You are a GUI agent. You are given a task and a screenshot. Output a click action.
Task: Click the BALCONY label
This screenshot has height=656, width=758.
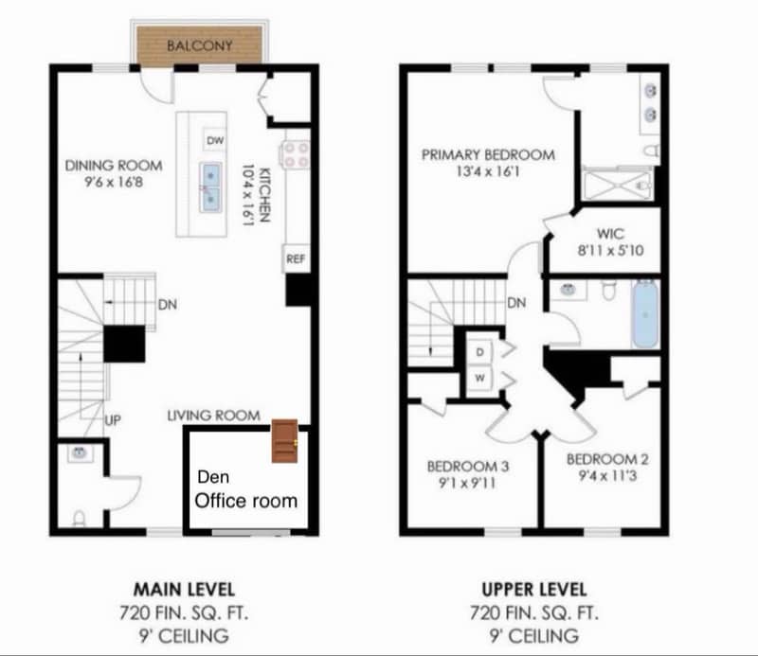click(200, 44)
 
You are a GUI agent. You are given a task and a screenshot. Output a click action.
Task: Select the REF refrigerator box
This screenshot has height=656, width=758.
click(295, 258)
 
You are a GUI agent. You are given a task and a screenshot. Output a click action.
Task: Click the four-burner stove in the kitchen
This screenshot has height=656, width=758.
click(295, 154)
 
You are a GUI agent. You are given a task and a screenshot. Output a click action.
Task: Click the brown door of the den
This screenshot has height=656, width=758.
click(284, 441)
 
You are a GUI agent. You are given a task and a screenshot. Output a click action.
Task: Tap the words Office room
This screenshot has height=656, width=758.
click(245, 500)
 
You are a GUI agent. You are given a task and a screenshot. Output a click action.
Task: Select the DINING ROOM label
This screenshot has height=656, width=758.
click(103, 166)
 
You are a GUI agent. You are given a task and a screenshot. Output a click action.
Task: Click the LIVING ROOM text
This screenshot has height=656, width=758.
click(213, 415)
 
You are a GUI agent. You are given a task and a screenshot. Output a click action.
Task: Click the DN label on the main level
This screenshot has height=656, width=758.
click(168, 305)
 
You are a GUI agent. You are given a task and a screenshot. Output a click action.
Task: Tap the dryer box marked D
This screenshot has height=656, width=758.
click(478, 352)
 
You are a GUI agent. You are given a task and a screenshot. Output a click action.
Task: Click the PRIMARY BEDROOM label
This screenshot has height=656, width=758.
click(488, 155)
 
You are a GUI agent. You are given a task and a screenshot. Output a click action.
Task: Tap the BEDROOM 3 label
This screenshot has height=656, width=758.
click(468, 466)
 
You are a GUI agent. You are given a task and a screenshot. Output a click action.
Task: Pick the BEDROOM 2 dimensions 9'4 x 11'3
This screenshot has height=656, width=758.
click(607, 476)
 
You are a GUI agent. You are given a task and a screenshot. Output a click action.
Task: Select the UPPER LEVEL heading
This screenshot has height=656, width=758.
click(535, 589)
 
